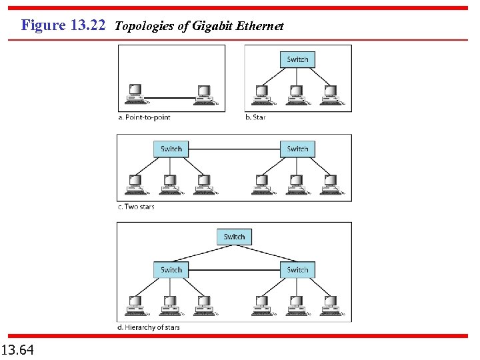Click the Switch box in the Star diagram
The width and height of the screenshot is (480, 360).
[297, 59]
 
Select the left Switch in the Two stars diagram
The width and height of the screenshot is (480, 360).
[171, 149]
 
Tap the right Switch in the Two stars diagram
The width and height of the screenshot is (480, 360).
[297, 149]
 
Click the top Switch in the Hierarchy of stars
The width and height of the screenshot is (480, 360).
[234, 237]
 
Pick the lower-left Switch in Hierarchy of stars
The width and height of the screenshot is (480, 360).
[171, 270]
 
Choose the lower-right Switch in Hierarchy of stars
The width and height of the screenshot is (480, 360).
[297, 270]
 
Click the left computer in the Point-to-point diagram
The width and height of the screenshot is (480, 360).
[135, 94]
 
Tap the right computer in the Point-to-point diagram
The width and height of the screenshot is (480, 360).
[203, 94]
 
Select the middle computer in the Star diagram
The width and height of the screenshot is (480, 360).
[297, 93]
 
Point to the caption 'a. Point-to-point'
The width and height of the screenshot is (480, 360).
[144, 117]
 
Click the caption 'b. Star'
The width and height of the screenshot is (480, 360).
[255, 117]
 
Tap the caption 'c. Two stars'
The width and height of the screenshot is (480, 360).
[137, 207]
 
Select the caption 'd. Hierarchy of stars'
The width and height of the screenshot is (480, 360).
[149, 327]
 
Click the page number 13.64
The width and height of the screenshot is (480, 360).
[18, 349]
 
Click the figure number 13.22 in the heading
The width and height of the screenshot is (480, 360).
[89, 26]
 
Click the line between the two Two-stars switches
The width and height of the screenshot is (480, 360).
[234, 149]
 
